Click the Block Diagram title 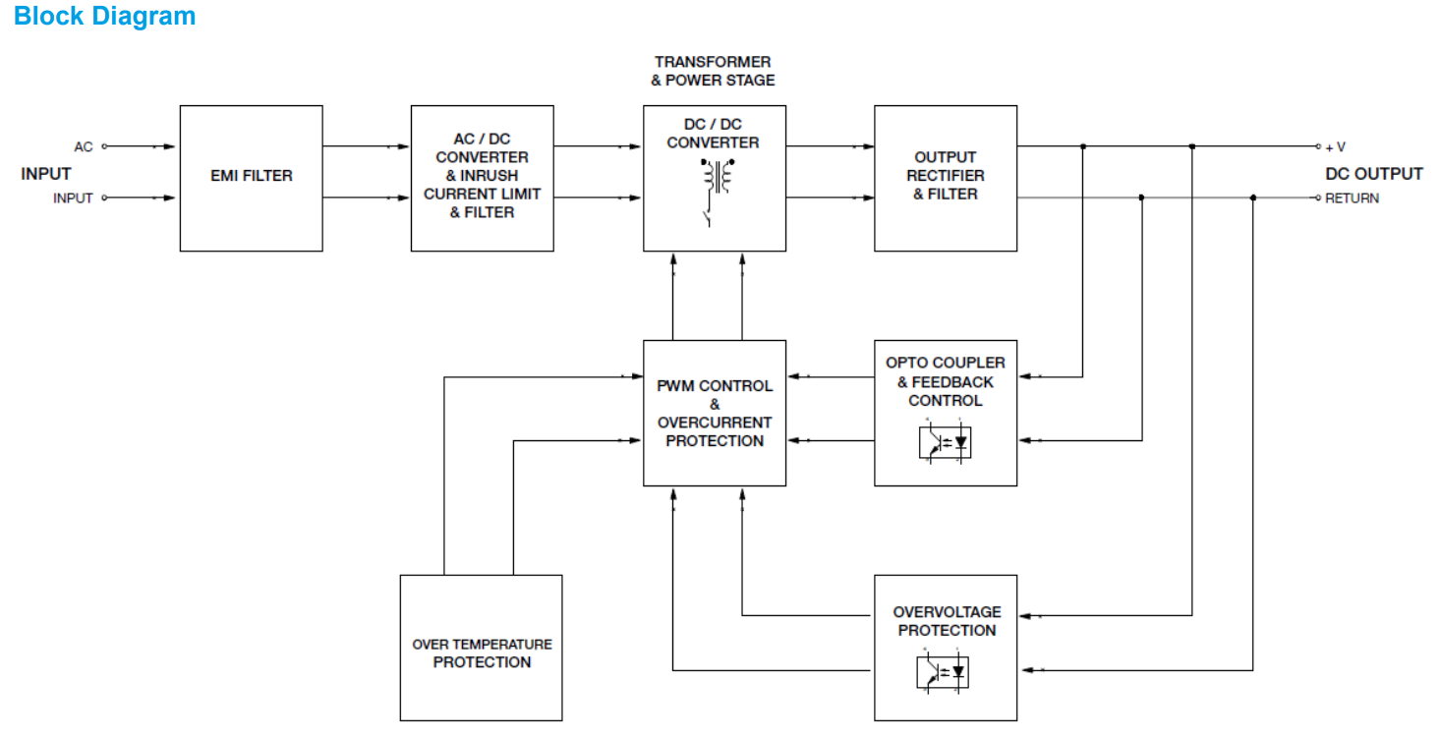[104, 17]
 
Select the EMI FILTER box [251, 176]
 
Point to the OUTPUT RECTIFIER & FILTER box [946, 176]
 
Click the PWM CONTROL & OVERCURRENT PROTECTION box [715, 414]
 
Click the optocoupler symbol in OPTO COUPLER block [946, 442]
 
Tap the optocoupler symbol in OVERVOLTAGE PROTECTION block [946, 672]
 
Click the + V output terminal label [1335, 147]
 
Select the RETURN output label [1352, 198]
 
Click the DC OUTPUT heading [1373, 174]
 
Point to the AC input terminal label [84, 146]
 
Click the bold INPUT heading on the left [46, 174]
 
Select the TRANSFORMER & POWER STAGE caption [713, 71]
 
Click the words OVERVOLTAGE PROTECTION [946, 621]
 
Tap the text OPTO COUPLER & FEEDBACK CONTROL [946, 381]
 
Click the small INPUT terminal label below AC [73, 198]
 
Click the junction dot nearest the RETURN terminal [1252, 198]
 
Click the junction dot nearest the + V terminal [1191, 146]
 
